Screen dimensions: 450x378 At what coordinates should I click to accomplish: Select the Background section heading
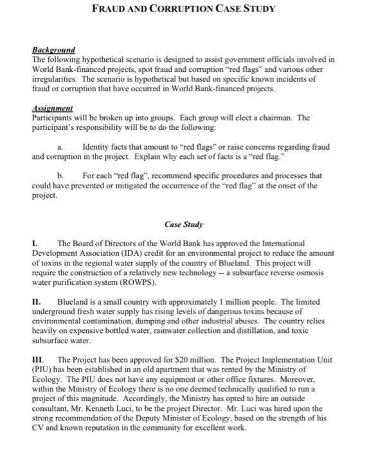coord(53,50)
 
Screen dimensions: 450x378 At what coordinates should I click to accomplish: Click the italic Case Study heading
coord(184,225)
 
